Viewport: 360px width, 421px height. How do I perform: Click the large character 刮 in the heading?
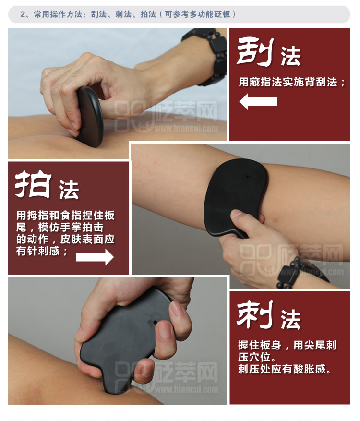point(255,52)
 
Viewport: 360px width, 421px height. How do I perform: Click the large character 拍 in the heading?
point(33,184)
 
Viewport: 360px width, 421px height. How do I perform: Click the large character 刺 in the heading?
point(255,314)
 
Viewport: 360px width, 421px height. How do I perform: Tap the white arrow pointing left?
point(258,101)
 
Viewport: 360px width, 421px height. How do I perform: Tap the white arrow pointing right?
point(95,257)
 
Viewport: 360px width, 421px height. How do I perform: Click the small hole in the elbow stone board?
point(247,176)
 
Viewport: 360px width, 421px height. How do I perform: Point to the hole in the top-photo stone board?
point(86,109)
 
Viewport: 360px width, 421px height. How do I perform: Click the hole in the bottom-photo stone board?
point(155,322)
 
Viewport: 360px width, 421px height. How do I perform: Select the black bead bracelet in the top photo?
point(209,55)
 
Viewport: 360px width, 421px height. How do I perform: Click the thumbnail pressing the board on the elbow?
point(237,214)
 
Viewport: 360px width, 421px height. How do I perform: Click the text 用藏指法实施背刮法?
point(288,82)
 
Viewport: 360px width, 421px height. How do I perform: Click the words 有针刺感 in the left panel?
point(38,251)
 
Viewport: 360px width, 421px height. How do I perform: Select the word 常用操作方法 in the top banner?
point(58,14)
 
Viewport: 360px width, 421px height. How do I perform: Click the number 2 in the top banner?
point(23,14)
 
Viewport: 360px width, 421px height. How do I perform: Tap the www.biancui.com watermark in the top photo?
point(186,128)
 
